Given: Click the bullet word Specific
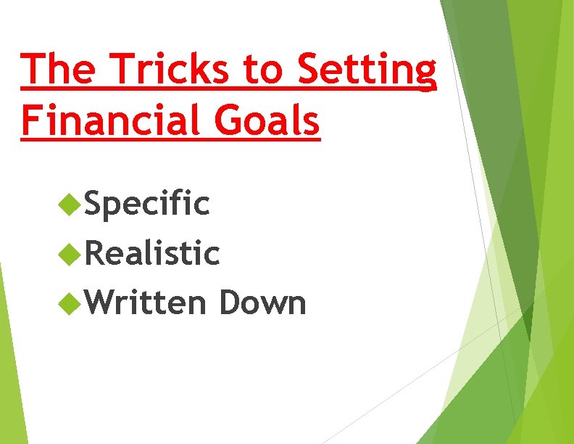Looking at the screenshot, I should click(x=147, y=205).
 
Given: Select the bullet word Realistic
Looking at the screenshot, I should click(x=152, y=254).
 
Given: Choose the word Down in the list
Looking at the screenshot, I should click(x=262, y=303).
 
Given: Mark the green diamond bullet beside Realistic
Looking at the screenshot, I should click(x=70, y=255).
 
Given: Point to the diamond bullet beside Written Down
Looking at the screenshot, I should click(x=70, y=303).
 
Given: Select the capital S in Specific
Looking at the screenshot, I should click(x=95, y=205).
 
